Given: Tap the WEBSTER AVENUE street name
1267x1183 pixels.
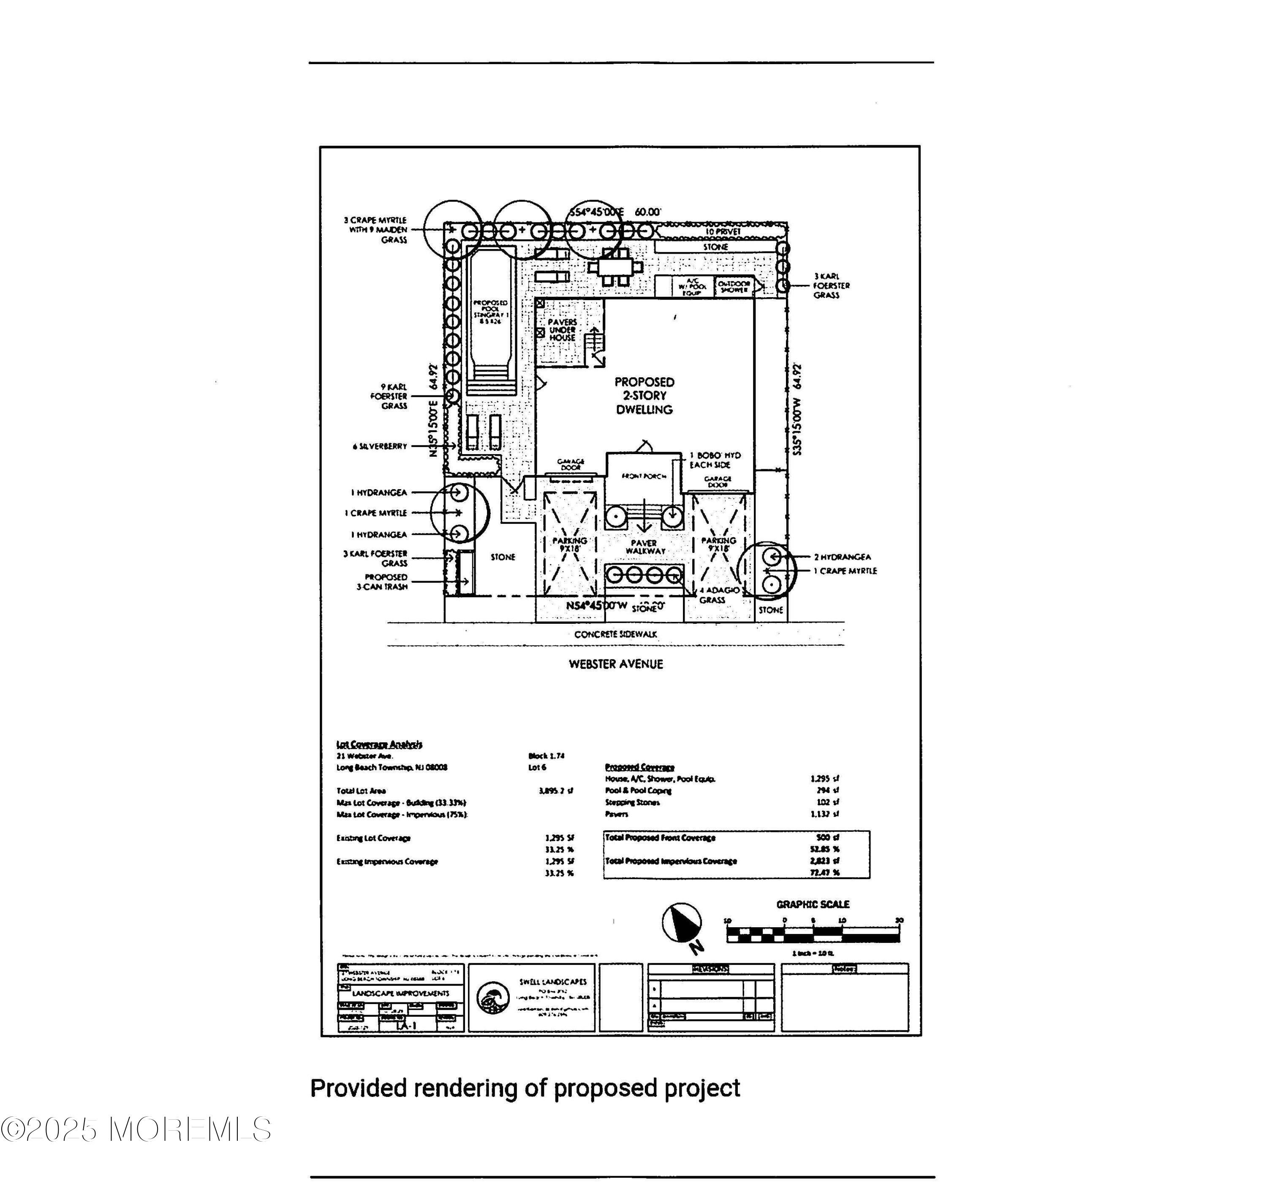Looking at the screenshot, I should [616, 664].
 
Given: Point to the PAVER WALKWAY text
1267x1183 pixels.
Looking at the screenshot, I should [644, 547].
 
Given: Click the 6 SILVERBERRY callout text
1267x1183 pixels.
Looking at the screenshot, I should [380, 446].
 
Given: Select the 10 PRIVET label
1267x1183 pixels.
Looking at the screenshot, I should [723, 232].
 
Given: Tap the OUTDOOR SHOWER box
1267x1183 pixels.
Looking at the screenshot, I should [734, 286].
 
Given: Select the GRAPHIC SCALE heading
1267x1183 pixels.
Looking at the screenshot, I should [813, 904].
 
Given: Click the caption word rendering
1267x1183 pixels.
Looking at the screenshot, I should [467, 1088].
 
